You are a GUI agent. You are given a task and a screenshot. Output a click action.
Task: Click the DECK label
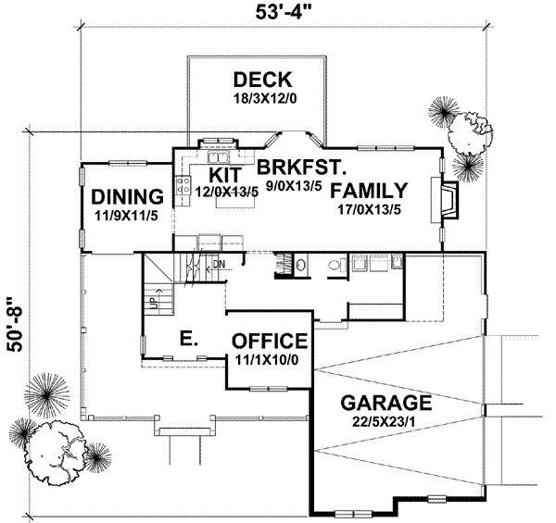point(262,79)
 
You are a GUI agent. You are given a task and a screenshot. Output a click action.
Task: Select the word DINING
point(128,197)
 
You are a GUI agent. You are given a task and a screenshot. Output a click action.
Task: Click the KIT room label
point(225,174)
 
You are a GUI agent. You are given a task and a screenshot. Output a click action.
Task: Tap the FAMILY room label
point(369,192)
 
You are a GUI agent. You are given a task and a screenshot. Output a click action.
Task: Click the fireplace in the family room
point(445,201)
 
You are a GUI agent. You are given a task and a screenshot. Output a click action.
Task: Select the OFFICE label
point(270,341)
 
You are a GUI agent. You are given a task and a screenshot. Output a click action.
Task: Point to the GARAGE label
point(386,404)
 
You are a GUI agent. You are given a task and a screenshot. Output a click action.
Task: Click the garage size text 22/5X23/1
point(386,421)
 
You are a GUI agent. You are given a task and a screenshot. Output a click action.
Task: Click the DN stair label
point(220,265)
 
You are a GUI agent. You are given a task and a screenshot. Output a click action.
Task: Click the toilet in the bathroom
point(335,266)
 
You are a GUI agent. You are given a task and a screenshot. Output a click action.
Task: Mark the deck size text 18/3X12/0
point(262,96)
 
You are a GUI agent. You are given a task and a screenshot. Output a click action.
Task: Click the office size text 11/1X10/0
point(270,357)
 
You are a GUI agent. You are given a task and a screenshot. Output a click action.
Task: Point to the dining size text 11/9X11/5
point(128,214)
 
